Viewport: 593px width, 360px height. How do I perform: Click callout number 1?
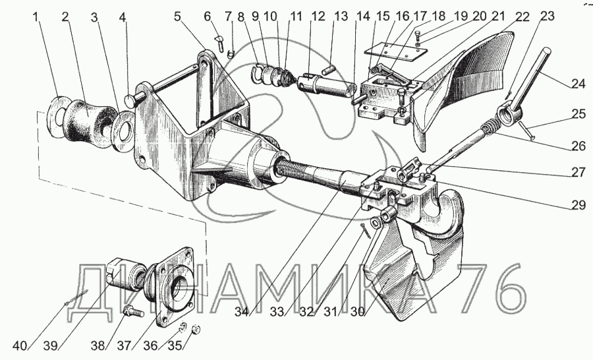pyautogui.click(x=36, y=18)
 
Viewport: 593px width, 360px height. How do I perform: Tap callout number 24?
pyautogui.click(x=577, y=83)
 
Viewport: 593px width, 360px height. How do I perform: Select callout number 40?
pyautogui.click(x=20, y=345)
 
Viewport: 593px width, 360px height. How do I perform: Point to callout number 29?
pyautogui.click(x=577, y=205)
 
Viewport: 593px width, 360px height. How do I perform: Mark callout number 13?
pyautogui.click(x=341, y=17)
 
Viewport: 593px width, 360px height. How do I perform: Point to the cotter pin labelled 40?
pyautogui.click(x=76, y=297)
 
